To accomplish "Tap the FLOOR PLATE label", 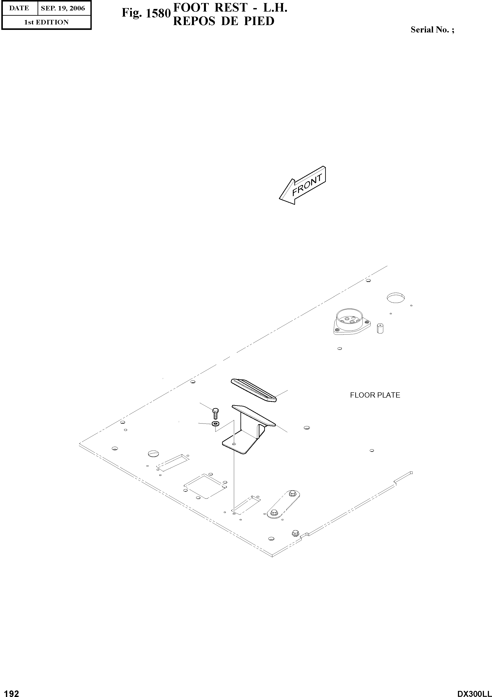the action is pyautogui.click(x=375, y=395).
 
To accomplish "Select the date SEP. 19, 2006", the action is pyautogui.click(x=63, y=8).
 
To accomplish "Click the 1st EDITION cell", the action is pyautogui.click(x=46, y=22).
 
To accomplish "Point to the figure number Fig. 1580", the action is pyautogui.click(x=146, y=13).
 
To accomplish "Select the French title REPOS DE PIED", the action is pyautogui.click(x=224, y=21).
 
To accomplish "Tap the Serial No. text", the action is pyautogui.click(x=432, y=29).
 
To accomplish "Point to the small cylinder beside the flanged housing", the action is pyautogui.click(x=380, y=328).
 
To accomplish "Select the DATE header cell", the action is pyautogui.click(x=19, y=8).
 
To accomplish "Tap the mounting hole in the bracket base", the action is pyautogui.click(x=234, y=444).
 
